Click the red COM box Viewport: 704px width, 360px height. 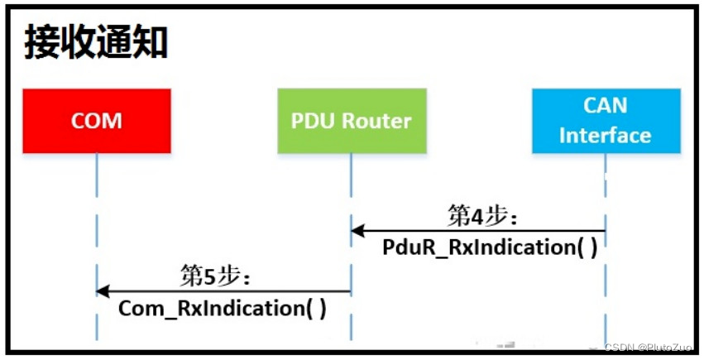pyautogui.click(x=96, y=121)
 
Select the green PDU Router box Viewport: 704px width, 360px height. pyautogui.click(x=351, y=121)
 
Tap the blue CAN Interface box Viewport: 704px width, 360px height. pyautogui.click(x=606, y=121)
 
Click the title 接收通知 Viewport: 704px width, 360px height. pyautogui.click(x=95, y=42)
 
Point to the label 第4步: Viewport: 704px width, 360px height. pyautogui.click(x=482, y=217)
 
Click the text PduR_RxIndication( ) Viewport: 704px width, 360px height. pyautogui.click(x=490, y=247)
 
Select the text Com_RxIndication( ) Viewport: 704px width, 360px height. pyautogui.click(x=223, y=308)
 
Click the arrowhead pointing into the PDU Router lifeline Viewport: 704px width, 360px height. pyautogui.click(x=357, y=231)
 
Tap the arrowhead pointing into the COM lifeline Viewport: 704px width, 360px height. pyautogui.click(x=103, y=290)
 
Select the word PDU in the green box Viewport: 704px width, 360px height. pyautogui.click(x=312, y=121)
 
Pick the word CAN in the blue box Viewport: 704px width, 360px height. pyautogui.click(x=605, y=106)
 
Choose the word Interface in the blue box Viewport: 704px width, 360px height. pyautogui.click(x=605, y=136)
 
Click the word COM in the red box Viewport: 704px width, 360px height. pyautogui.click(x=96, y=121)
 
